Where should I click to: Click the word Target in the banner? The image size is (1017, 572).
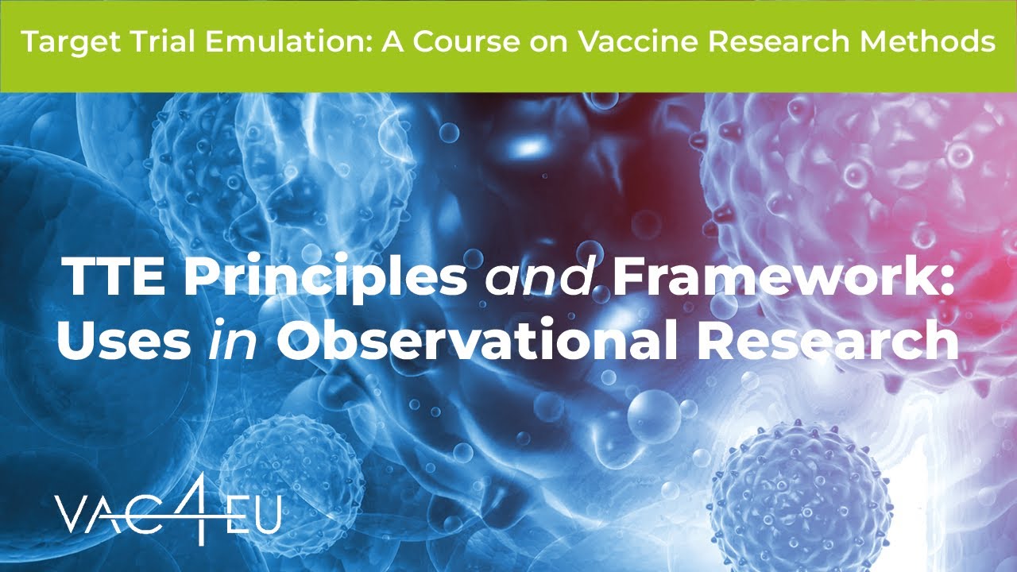click(x=60, y=42)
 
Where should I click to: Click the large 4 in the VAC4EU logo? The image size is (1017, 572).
click(x=198, y=508)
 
